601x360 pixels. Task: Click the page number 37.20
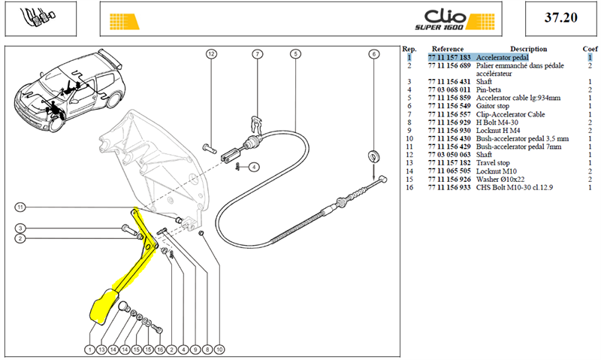tap(560, 17)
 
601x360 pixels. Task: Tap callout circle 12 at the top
tap(211, 54)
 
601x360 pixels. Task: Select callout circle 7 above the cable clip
tap(257, 54)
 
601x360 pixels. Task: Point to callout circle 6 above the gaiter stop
tap(374, 54)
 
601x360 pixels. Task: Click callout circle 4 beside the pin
tap(254, 167)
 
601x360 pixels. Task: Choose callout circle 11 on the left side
tap(20, 207)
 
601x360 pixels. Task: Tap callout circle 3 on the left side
tap(20, 228)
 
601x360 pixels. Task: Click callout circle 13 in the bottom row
tap(101, 349)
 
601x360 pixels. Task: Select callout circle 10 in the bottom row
tap(219, 349)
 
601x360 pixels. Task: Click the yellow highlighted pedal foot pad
tap(104, 307)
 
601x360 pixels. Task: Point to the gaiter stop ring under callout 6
tap(373, 156)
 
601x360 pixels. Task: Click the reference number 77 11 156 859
tap(449, 98)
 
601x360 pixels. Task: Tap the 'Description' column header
tap(528, 49)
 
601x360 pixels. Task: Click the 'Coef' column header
tap(590, 49)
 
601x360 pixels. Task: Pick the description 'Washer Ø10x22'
tap(500, 180)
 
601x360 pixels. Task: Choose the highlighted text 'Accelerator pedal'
tap(502, 58)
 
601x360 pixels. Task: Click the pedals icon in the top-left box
tap(38, 17)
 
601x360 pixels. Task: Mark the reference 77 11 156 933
tap(449, 187)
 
